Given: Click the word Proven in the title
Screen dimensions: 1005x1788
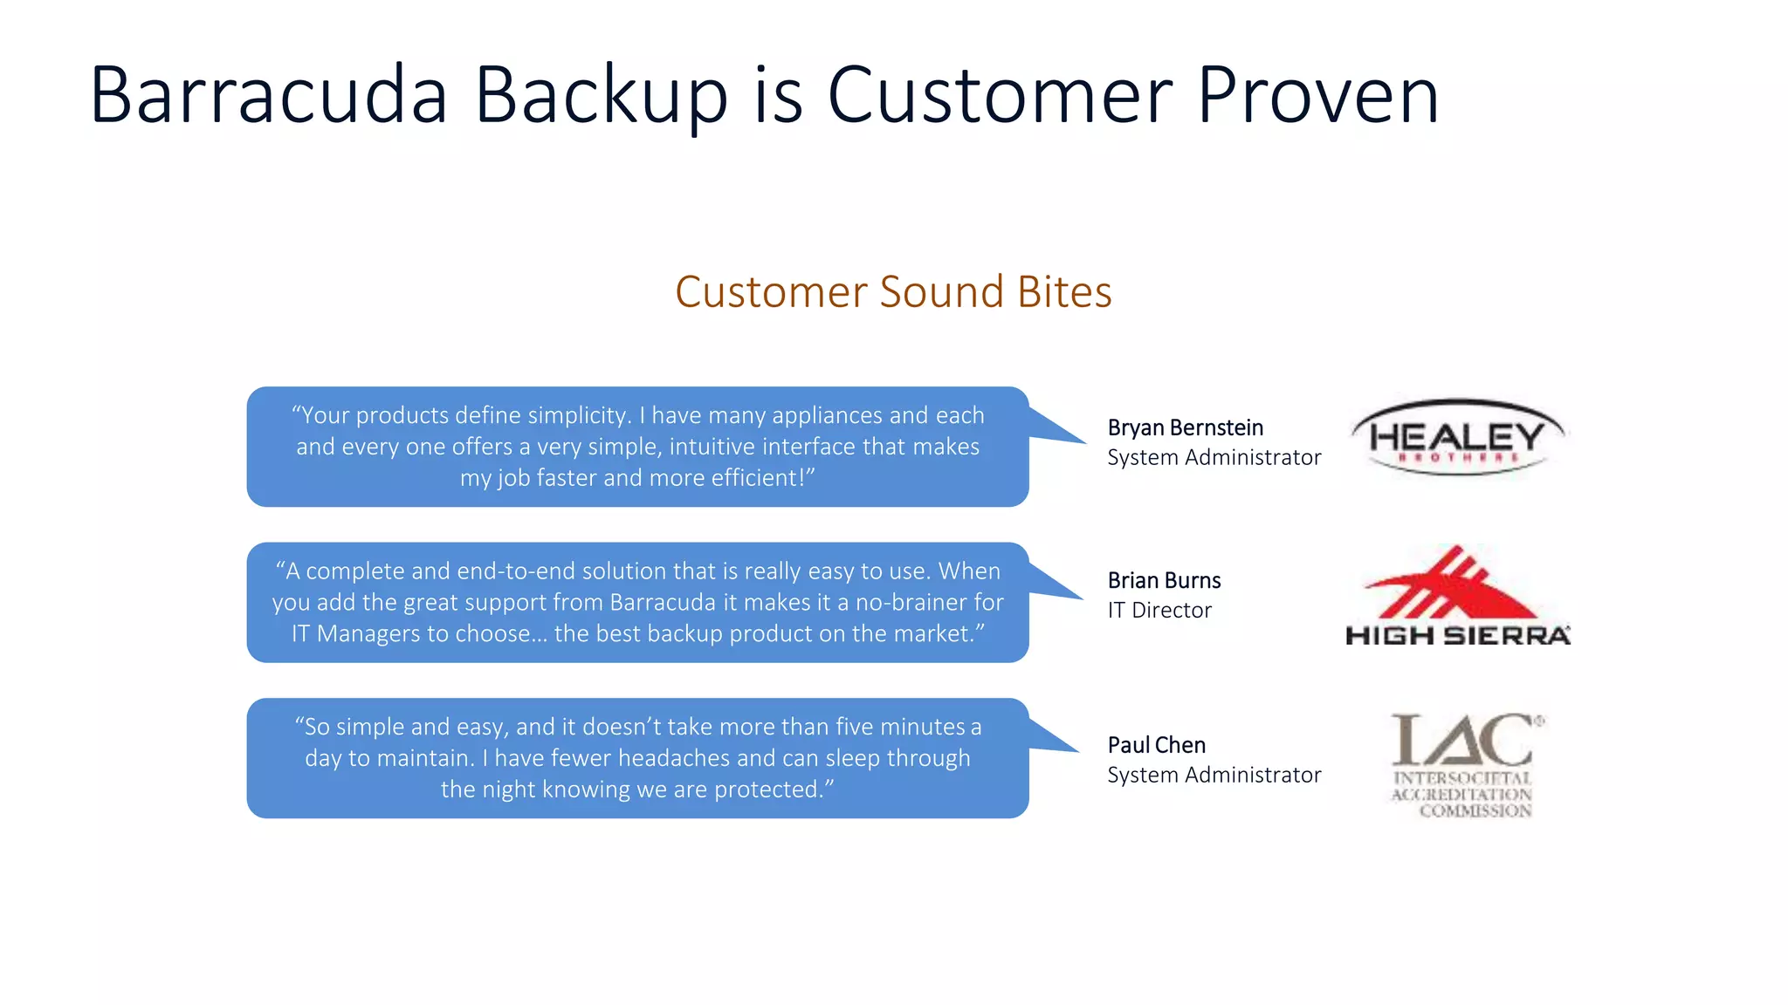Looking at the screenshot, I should [x=1317, y=96].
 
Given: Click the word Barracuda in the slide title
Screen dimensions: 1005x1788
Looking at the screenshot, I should [x=268, y=96].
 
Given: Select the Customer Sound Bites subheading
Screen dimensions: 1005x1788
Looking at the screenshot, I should [x=893, y=291].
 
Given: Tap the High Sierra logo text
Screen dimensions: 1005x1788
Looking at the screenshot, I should [x=1457, y=635].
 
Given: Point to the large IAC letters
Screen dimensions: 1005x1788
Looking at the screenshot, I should [x=1462, y=740].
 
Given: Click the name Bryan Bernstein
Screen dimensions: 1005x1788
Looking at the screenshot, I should [x=1185, y=427].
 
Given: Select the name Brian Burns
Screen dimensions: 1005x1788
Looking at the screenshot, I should [x=1164, y=580].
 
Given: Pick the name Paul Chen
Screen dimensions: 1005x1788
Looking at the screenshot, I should [x=1156, y=745].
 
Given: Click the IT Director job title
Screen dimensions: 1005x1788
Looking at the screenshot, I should [x=1159, y=610].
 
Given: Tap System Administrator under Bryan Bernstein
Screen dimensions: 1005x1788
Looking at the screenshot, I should [x=1214, y=457].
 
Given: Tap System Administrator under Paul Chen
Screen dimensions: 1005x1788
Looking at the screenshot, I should [x=1214, y=775].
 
